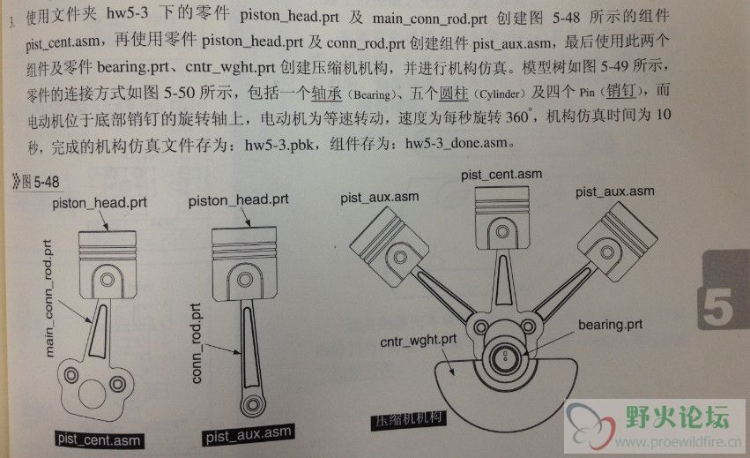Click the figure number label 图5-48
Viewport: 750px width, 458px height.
tap(37, 182)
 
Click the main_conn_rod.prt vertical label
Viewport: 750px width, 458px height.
tap(48, 298)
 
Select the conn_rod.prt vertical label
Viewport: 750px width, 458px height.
tap(197, 343)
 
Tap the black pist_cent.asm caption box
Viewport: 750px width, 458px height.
tap(99, 439)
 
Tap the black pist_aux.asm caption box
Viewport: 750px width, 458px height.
tap(249, 434)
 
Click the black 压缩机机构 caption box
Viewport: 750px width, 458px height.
tap(409, 420)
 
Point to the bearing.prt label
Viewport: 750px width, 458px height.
tap(610, 325)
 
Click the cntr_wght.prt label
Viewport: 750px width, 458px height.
tap(418, 341)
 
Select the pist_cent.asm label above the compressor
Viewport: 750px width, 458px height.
tap(501, 175)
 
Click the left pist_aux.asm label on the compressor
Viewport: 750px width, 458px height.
tap(379, 198)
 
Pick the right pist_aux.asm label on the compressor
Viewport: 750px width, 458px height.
tap(614, 192)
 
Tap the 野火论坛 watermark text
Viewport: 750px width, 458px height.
tap(678, 417)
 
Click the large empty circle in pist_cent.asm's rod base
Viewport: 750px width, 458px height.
tap(93, 394)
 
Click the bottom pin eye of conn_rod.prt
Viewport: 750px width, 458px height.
tap(252, 405)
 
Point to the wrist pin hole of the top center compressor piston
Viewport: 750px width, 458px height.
tap(502, 232)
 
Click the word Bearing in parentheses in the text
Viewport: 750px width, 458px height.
tap(372, 94)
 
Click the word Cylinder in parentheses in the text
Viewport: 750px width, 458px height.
tap(500, 94)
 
